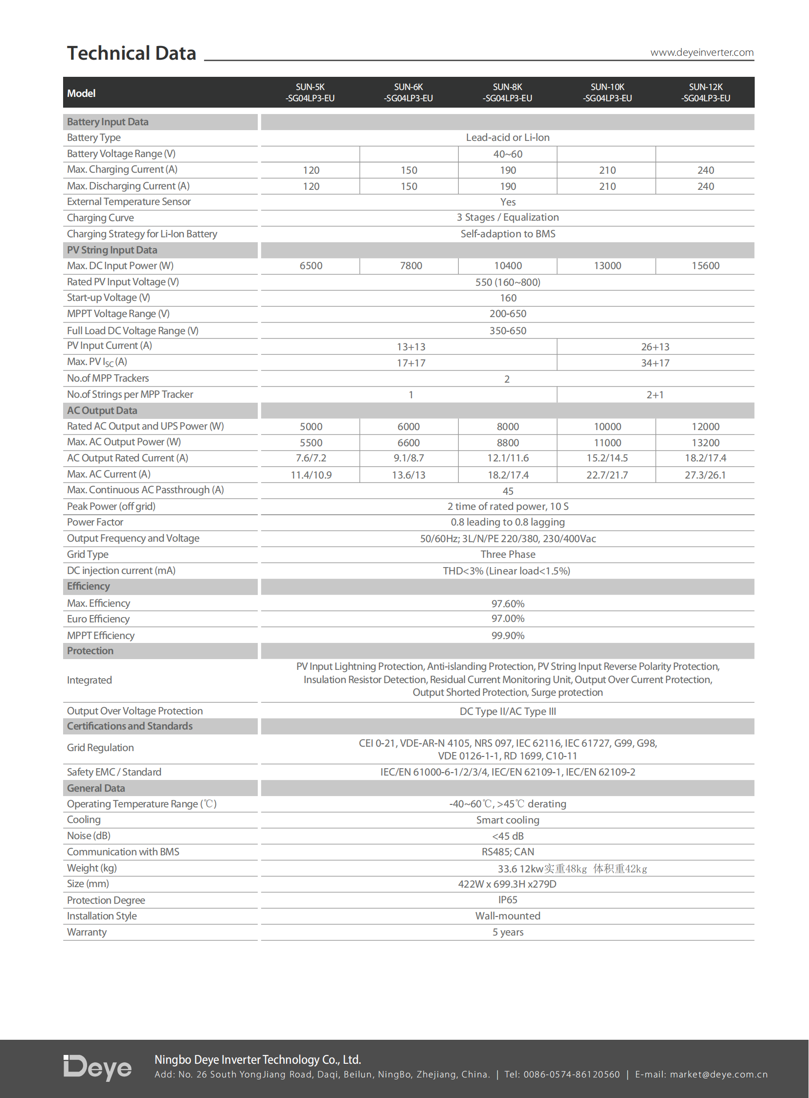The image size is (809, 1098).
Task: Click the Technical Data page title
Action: click(131, 53)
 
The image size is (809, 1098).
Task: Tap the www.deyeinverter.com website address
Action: click(701, 52)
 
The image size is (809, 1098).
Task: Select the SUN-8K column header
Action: click(507, 92)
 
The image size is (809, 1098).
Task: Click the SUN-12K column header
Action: click(705, 92)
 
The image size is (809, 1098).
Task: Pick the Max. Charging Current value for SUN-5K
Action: click(311, 170)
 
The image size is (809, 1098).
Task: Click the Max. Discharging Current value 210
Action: click(607, 186)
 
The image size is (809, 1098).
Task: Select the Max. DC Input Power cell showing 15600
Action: click(705, 266)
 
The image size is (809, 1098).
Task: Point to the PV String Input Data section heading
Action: click(112, 250)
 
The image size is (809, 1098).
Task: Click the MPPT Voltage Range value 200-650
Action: click(508, 314)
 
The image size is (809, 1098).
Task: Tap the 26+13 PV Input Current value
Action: click(655, 347)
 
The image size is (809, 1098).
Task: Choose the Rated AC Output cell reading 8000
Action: click(508, 426)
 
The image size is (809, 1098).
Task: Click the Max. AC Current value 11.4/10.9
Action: click(311, 475)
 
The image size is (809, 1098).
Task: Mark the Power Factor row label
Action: click(95, 522)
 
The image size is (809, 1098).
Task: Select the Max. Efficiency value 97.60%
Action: click(508, 604)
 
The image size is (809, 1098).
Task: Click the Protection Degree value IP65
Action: click(508, 900)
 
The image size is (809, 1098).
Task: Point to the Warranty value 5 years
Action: click(508, 932)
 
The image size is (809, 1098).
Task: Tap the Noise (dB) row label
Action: click(89, 836)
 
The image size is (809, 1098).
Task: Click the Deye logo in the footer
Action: click(97, 1067)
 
